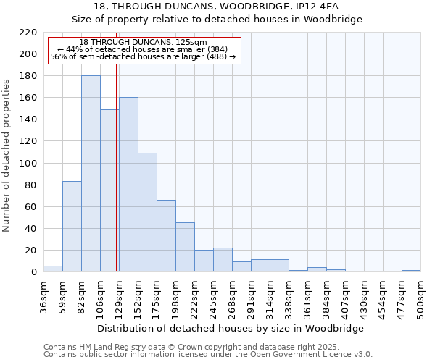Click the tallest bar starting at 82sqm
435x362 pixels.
[91, 174]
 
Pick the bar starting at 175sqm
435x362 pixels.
[166, 235]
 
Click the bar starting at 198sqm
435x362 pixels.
[185, 247]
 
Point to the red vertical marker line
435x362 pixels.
[117, 181]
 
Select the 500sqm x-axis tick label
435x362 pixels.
[420, 298]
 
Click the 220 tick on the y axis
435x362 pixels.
[28, 33]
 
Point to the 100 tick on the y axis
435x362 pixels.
[28, 164]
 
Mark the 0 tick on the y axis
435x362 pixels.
[33, 272]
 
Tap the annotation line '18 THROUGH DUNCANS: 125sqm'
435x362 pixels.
[143, 43]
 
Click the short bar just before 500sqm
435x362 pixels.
[411, 271]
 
